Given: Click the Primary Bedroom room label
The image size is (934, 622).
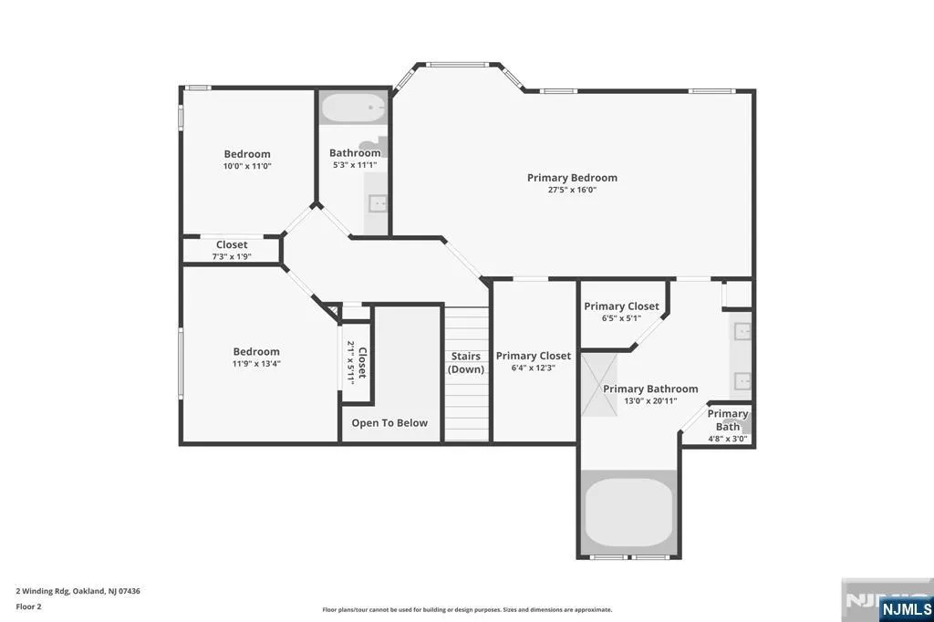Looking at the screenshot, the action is [x=572, y=178].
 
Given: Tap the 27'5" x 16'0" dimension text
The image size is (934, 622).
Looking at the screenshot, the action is [x=572, y=190].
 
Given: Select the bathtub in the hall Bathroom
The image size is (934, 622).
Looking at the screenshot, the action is [x=354, y=108].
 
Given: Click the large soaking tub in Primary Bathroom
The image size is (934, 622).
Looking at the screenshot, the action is [x=629, y=512].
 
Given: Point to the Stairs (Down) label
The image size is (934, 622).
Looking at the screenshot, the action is [x=466, y=363].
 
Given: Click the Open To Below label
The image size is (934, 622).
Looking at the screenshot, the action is [x=389, y=423].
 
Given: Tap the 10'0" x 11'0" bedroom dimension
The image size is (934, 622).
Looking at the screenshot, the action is [x=247, y=166].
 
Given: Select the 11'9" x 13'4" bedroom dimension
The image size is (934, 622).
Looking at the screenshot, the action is [x=256, y=363].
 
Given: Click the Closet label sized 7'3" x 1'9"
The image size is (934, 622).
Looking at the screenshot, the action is [x=232, y=244].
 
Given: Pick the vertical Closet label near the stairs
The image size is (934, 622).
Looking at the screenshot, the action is [x=362, y=363].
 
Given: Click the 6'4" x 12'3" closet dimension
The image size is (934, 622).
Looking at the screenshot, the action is [x=533, y=368].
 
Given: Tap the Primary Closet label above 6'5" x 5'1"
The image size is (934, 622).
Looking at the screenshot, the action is [x=621, y=306].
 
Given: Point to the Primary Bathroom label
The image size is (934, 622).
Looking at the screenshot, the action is [x=650, y=389].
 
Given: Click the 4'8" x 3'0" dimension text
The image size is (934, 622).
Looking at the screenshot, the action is [x=727, y=439].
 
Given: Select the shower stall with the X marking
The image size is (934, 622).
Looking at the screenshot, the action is [x=599, y=385].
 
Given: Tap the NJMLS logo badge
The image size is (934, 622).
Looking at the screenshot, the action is [x=906, y=608].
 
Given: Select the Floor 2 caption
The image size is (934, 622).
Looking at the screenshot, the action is [x=28, y=607].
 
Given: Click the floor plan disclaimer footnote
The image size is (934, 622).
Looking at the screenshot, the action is [x=467, y=610].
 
